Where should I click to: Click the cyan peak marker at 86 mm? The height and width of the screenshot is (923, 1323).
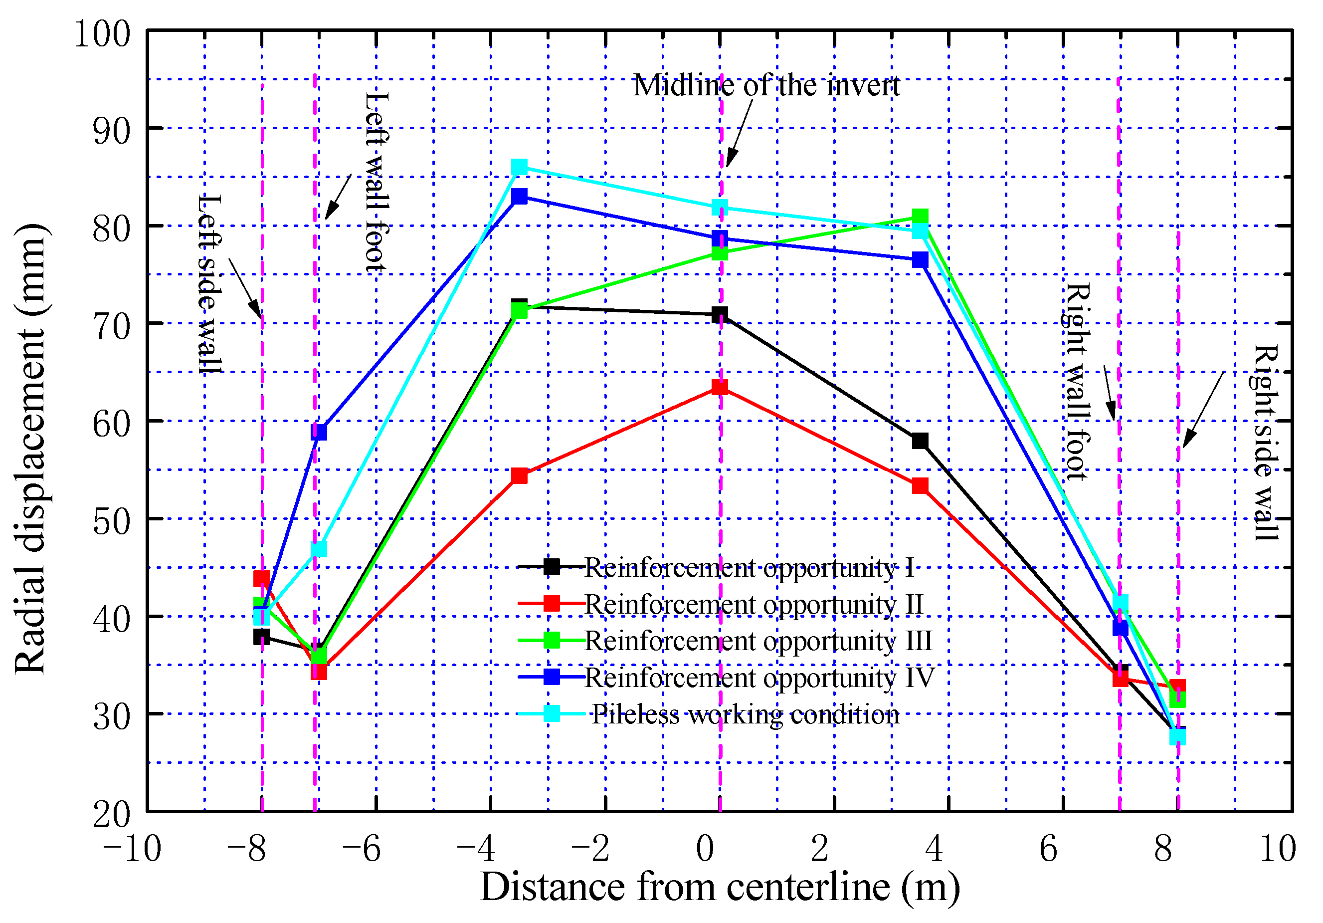(519, 167)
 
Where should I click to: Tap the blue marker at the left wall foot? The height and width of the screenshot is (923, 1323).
(319, 432)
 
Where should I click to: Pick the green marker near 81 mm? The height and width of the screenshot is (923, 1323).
(920, 217)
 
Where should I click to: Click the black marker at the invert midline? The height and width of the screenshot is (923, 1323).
(719, 315)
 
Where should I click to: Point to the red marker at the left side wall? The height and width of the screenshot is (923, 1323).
(261, 578)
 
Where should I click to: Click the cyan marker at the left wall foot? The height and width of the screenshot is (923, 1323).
(319, 549)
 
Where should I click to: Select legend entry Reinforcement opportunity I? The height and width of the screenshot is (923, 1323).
(749, 568)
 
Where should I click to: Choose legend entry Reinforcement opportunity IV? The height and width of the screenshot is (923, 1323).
(759, 678)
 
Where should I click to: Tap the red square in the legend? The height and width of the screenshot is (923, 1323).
(552, 604)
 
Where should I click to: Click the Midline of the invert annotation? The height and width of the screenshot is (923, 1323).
(766, 86)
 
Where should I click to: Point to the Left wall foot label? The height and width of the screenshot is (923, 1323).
(378, 182)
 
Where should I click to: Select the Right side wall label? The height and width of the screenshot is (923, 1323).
(1266, 442)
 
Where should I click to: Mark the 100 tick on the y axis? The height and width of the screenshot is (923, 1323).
(103, 33)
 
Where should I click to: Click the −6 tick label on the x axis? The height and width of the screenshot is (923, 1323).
(361, 849)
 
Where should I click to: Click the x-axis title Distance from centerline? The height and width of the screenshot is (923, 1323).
(720, 887)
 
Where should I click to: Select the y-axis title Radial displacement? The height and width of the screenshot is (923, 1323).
(30, 449)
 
